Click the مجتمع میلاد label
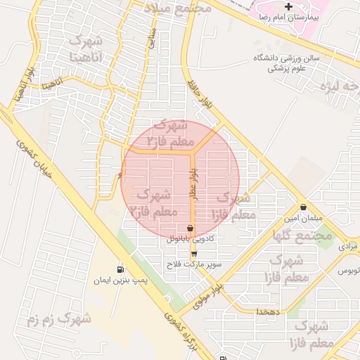[x=177, y=8]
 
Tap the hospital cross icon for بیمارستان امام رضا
[x=288, y=6]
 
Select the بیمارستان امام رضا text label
[x=288, y=16]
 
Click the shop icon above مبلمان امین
[x=303, y=207]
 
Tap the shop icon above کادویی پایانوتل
[x=191, y=228]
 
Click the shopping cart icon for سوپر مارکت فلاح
[x=194, y=254]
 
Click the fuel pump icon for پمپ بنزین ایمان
[x=121, y=269]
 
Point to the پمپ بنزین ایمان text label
[x=121, y=281]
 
